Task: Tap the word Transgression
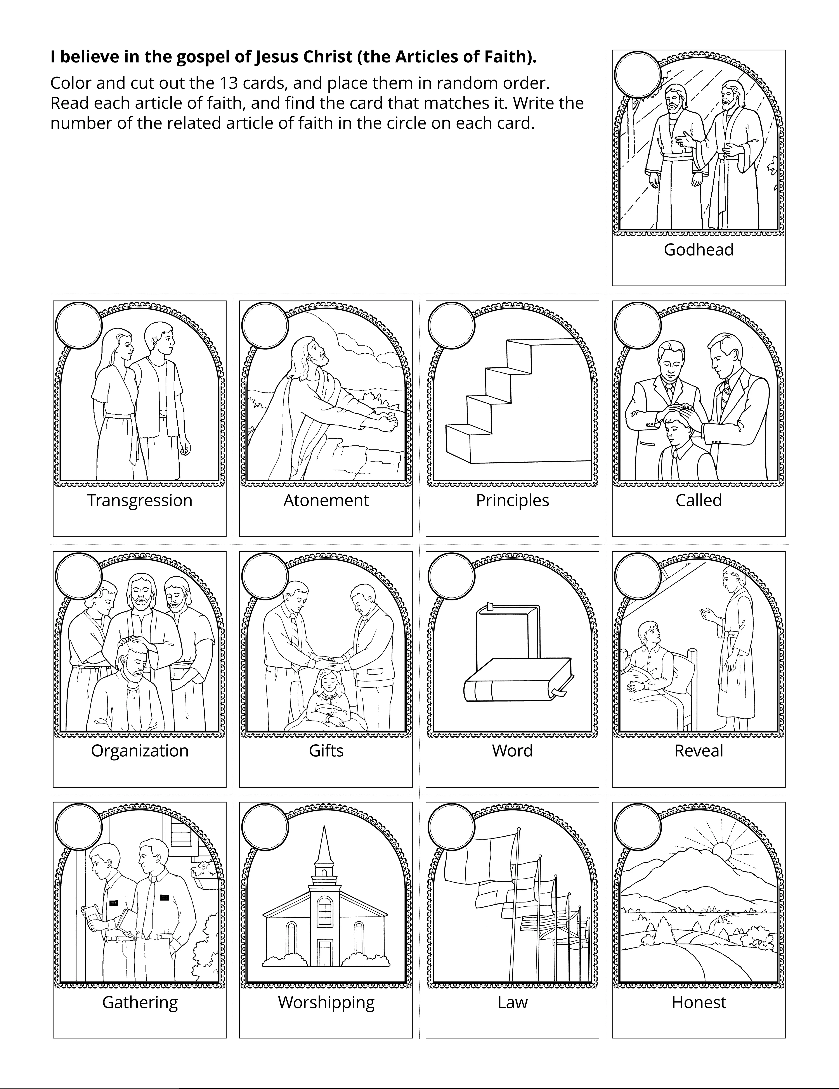click(140, 500)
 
